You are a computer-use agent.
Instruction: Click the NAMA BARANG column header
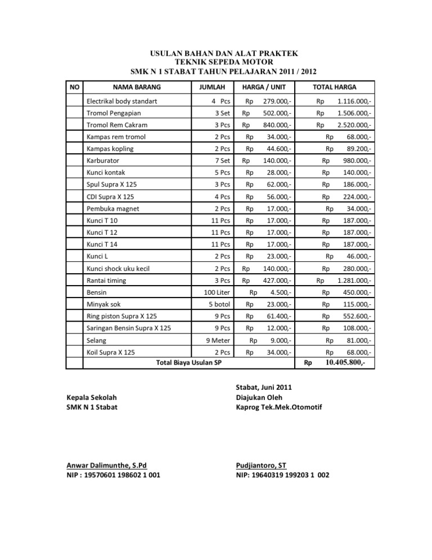pyautogui.click(x=137, y=87)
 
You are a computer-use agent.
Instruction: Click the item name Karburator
pyautogui.click(x=102, y=160)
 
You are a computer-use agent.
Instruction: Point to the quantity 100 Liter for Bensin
pyautogui.click(x=217, y=292)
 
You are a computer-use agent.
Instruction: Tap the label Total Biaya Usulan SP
pyautogui.click(x=187, y=362)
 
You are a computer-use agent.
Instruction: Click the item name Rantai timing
pyautogui.click(x=106, y=280)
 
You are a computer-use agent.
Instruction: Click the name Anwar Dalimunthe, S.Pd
pyautogui.click(x=106, y=465)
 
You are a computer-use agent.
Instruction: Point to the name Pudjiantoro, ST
pyautogui.click(x=262, y=465)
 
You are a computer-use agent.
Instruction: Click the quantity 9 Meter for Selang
pyautogui.click(x=217, y=340)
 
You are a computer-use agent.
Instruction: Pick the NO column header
pyautogui.click(x=74, y=87)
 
